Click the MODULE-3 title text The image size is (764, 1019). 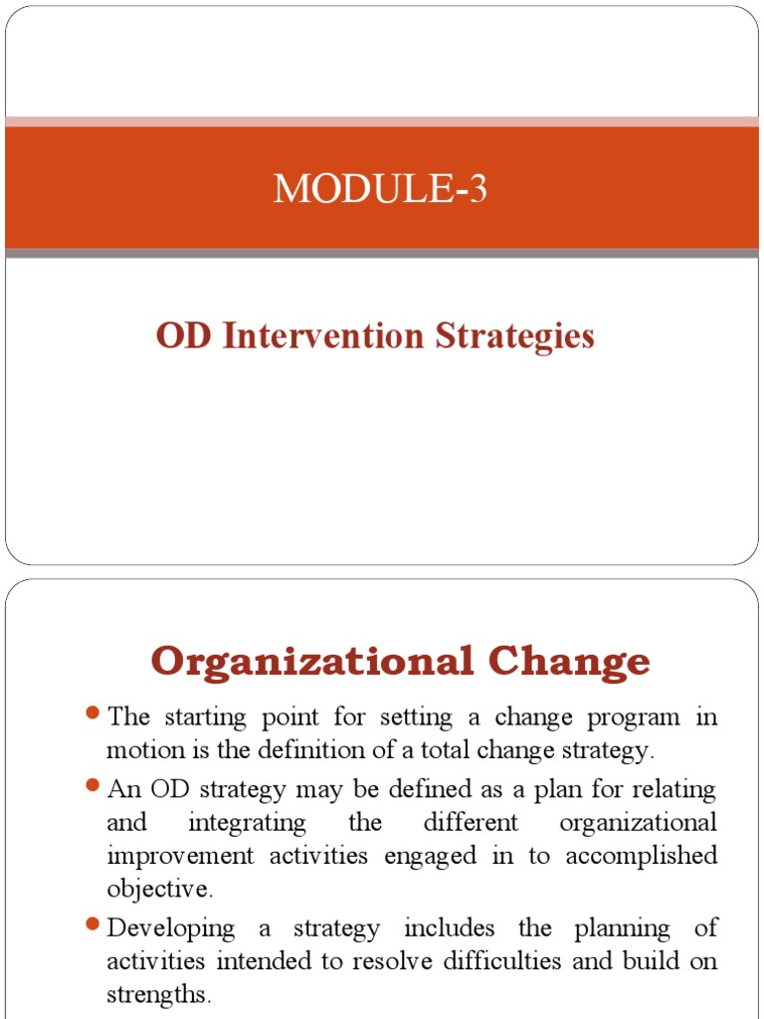coord(381,188)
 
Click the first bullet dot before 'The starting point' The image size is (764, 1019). coord(94,713)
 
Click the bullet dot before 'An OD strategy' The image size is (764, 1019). coord(94,785)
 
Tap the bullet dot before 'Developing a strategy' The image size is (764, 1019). coord(94,925)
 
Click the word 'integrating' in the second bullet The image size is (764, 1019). coord(247,824)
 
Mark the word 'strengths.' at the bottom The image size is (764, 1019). coord(159,995)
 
